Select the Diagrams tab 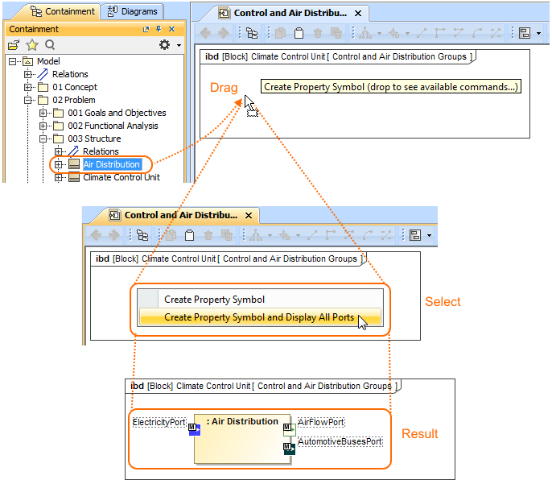(133, 11)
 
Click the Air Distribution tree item (111, 164)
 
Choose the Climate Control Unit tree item (121, 177)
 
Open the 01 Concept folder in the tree (75, 87)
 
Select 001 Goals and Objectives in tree (117, 113)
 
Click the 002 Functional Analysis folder (113, 126)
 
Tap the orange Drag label (224, 87)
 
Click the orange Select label (443, 302)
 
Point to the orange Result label (420, 434)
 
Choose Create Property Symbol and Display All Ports (259, 317)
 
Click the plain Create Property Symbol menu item (214, 300)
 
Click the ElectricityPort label (159, 422)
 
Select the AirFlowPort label (321, 422)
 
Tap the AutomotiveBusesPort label (340, 441)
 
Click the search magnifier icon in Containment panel (50, 45)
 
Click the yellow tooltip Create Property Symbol (391, 87)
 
